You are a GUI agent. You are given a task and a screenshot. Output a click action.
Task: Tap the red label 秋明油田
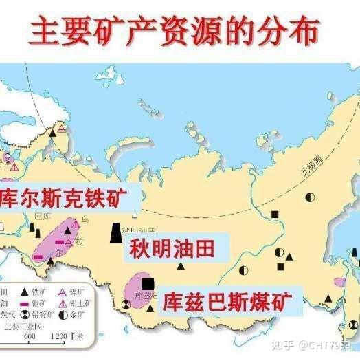pos(177,246)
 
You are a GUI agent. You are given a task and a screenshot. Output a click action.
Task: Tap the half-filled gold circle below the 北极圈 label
pos(310,197)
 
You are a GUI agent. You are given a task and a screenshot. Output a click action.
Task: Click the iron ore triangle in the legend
pos(25,292)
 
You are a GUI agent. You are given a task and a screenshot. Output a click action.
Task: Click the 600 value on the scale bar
pos(30,337)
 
